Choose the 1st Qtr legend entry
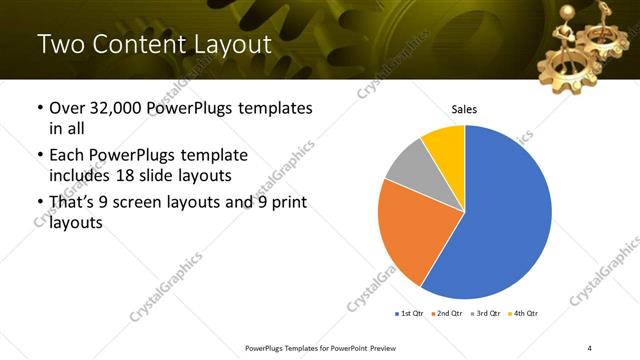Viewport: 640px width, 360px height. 410,314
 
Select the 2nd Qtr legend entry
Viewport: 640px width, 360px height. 448,314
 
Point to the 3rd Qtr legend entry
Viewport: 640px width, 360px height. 487,314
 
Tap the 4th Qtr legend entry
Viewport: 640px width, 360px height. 525,314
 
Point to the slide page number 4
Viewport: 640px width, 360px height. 590,347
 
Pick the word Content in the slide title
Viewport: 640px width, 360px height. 132,45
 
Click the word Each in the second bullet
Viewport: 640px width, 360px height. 68,156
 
